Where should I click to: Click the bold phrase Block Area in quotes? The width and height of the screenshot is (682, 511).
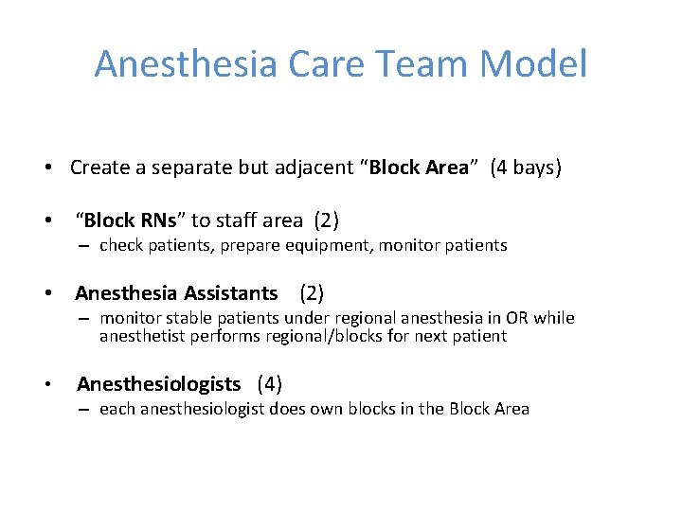419,168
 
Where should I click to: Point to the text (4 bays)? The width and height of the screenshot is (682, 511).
526,168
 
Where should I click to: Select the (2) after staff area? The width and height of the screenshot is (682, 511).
327,221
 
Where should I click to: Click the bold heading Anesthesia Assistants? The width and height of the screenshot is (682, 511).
176,293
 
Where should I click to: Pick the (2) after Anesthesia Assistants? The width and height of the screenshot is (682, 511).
312,293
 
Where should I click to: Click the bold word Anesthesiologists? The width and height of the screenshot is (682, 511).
158,384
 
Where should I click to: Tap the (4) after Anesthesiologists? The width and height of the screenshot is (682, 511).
270,384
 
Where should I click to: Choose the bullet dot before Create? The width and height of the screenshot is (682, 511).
46,169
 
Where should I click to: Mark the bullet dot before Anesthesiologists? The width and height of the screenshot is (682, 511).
46,385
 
